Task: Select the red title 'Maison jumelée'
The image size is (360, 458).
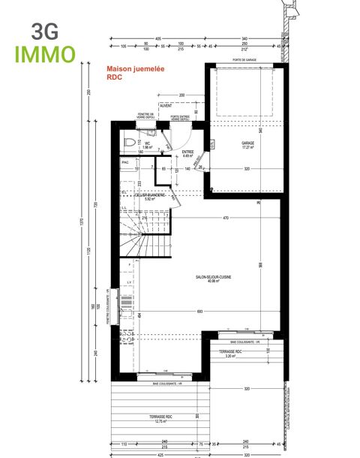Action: (x=135, y=68)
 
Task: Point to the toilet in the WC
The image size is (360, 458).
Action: (x=128, y=142)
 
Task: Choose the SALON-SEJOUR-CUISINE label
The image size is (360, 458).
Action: (x=213, y=278)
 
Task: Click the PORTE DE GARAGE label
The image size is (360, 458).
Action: (x=244, y=60)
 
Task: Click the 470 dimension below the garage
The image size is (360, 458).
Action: (x=225, y=218)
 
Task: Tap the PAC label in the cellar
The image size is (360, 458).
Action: (x=125, y=162)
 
